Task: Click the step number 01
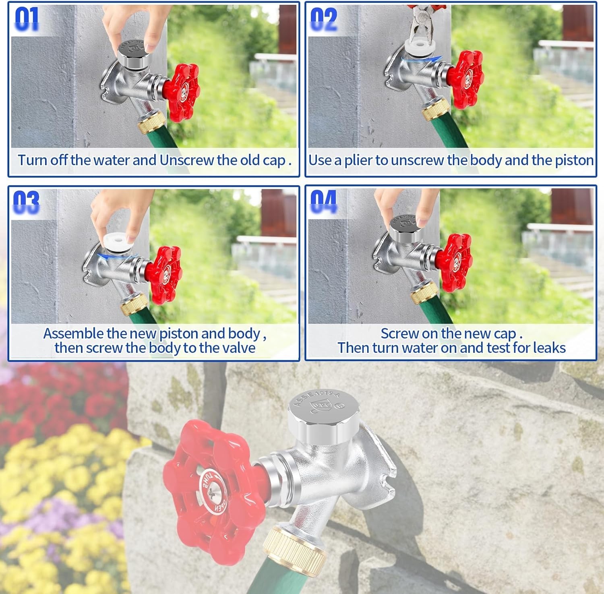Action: [27, 19]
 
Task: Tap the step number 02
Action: [324, 19]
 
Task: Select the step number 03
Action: [26, 202]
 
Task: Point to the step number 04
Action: [323, 202]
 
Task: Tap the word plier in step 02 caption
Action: [358, 161]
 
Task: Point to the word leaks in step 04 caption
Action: [548, 348]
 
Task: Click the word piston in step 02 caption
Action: [574, 161]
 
